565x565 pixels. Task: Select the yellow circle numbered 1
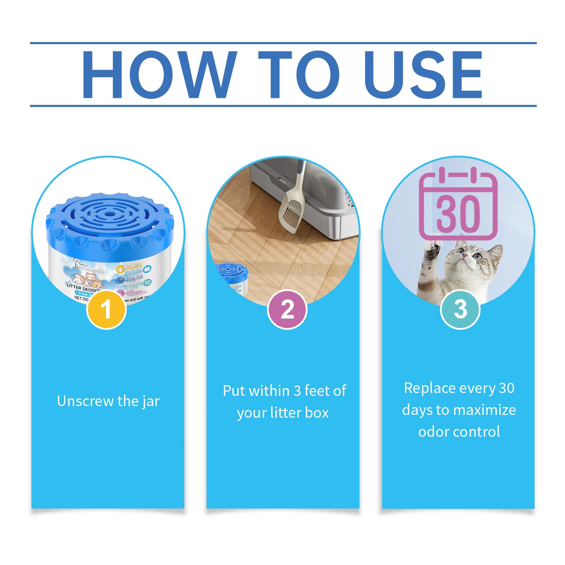[x=106, y=309]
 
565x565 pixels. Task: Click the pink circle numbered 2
[x=287, y=309]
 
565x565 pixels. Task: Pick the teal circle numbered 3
[x=460, y=309]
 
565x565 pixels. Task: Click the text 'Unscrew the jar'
[x=108, y=401]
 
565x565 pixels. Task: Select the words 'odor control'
[x=459, y=432]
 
